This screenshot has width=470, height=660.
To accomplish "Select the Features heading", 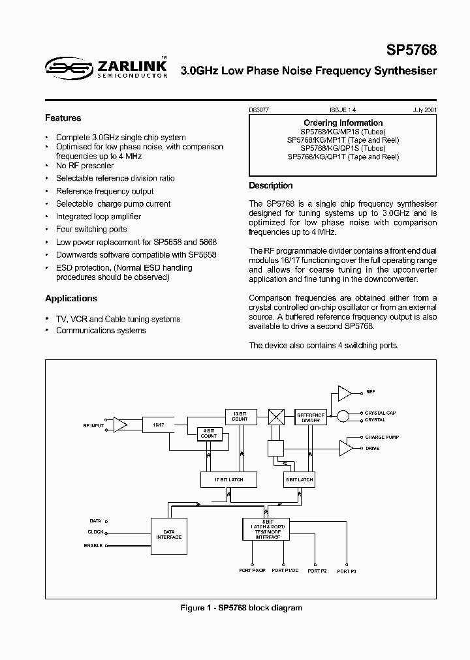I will point(63,118).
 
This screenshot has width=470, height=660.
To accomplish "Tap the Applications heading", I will point(70,298).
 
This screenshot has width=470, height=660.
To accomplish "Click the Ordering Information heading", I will point(343,123).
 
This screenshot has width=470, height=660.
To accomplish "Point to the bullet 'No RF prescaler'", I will point(84,166).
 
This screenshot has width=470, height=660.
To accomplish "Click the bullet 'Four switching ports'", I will point(91,229).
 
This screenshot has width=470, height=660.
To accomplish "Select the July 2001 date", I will point(424,111).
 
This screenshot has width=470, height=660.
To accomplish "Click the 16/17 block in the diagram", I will point(157,424).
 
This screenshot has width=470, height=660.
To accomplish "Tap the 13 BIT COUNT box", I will point(240,417).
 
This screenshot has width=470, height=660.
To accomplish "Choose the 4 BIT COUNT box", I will point(210,433).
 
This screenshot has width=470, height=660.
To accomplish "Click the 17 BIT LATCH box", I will point(228,479).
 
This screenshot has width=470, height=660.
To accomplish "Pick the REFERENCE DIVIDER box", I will point(311,418).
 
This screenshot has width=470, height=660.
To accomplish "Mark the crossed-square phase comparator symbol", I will point(275,416).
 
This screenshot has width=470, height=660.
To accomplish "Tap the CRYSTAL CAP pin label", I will point(381,413).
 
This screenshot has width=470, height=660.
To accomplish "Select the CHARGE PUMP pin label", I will point(382,437).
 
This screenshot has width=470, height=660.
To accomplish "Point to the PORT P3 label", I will point(347,571).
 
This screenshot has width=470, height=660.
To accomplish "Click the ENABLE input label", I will point(93,545).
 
